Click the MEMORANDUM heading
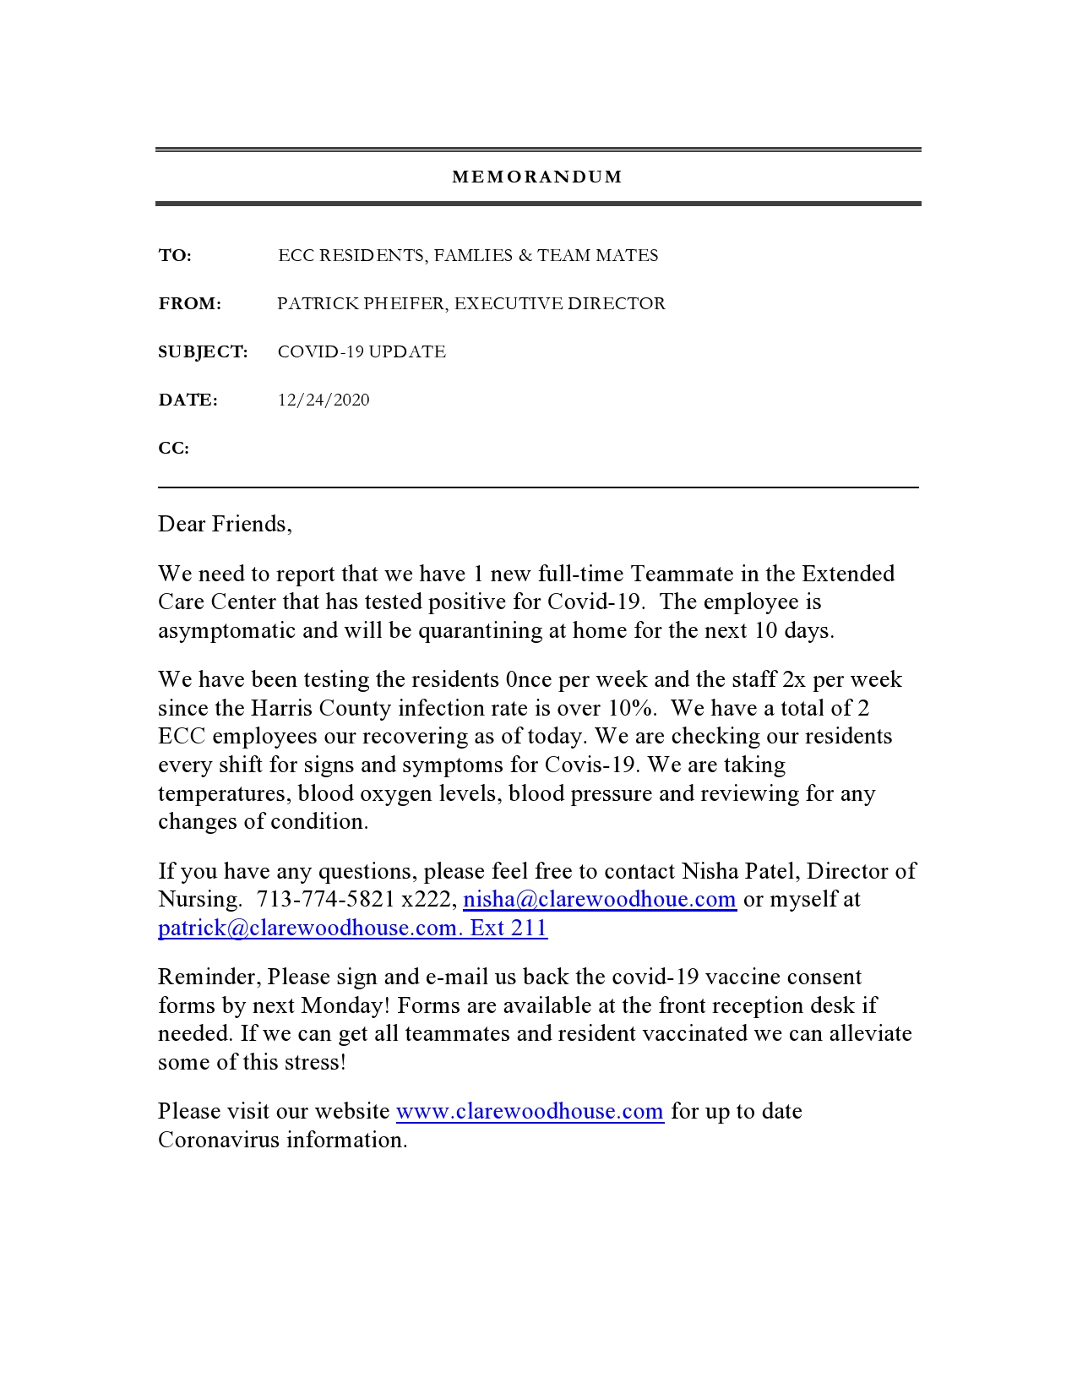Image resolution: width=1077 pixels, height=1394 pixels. [537, 177]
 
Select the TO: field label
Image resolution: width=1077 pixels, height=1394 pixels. [175, 256]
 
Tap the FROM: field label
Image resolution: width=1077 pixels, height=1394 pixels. [189, 304]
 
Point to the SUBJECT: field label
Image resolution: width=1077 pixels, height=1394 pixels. [203, 352]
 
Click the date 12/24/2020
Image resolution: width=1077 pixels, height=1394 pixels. [324, 400]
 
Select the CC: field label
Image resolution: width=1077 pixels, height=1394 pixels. [173, 449]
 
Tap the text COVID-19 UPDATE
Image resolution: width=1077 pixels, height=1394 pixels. [362, 352]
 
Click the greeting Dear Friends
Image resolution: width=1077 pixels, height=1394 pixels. [224, 525]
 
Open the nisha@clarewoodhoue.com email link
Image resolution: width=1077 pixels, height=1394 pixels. [600, 900]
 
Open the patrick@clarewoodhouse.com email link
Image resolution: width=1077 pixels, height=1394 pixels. [308, 928]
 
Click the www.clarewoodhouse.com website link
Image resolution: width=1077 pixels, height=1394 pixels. [530, 1112]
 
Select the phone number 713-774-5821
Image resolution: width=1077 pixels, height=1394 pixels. [325, 900]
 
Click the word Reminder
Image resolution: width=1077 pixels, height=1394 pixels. [209, 977]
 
